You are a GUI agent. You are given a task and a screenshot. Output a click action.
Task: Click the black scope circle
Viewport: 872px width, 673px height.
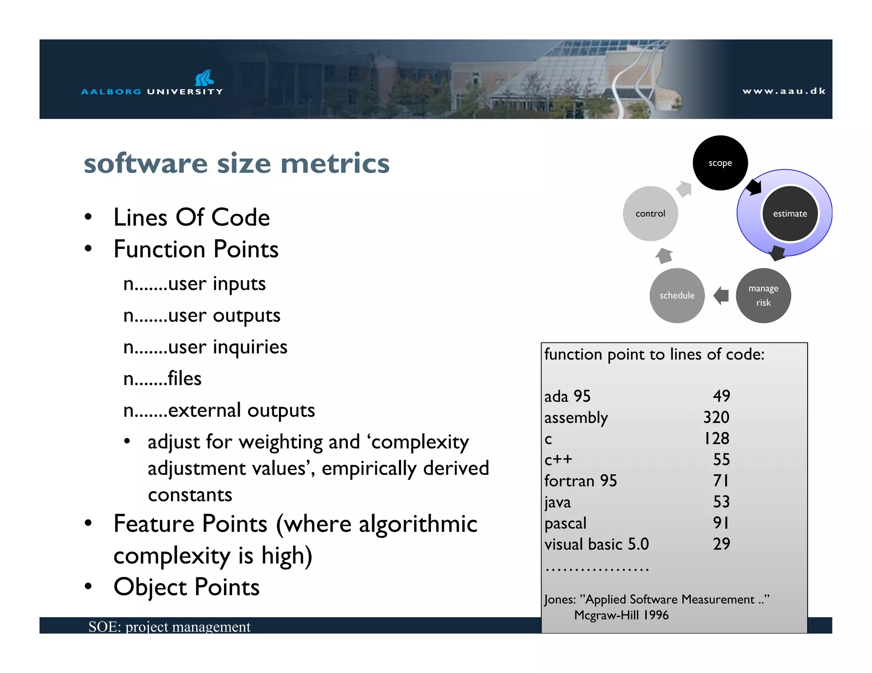click(720, 163)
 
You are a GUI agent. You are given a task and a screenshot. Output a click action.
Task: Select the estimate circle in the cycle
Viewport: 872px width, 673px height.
click(790, 214)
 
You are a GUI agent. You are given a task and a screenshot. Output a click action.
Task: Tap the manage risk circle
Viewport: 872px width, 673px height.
click(763, 295)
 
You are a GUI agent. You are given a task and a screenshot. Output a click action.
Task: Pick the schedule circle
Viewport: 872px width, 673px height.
click(677, 295)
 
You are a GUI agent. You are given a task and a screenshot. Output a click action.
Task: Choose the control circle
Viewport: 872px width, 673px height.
click(650, 214)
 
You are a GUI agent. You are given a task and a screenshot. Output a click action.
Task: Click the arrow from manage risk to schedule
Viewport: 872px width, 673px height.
click(721, 295)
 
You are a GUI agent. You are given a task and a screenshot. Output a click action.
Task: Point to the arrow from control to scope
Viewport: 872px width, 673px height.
click(684, 189)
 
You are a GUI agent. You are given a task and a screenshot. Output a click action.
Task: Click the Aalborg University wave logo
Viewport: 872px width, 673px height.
click(204, 78)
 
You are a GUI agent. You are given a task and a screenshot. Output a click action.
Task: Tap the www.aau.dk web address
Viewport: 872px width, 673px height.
click(783, 91)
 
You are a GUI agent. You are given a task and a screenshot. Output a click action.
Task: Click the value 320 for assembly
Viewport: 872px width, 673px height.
click(716, 417)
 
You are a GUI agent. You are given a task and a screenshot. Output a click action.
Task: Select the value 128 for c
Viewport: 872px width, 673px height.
click(717, 439)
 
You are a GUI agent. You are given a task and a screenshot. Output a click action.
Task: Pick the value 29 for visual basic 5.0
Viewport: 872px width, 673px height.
click(721, 544)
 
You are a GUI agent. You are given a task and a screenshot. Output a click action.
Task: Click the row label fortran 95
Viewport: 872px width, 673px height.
click(580, 481)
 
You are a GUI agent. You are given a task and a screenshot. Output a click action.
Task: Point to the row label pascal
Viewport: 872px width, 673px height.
click(565, 523)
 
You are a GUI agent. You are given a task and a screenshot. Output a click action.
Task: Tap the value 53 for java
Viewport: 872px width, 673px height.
click(721, 502)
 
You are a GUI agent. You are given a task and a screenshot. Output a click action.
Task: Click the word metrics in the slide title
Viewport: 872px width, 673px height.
click(335, 164)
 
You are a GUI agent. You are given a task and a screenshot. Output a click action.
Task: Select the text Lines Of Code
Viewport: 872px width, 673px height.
click(192, 217)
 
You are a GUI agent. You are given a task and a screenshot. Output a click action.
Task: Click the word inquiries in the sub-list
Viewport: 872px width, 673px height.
click(250, 347)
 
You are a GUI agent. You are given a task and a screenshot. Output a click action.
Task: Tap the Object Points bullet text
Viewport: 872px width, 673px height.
click(186, 587)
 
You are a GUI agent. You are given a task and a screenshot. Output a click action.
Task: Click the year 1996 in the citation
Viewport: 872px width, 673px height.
click(656, 615)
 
